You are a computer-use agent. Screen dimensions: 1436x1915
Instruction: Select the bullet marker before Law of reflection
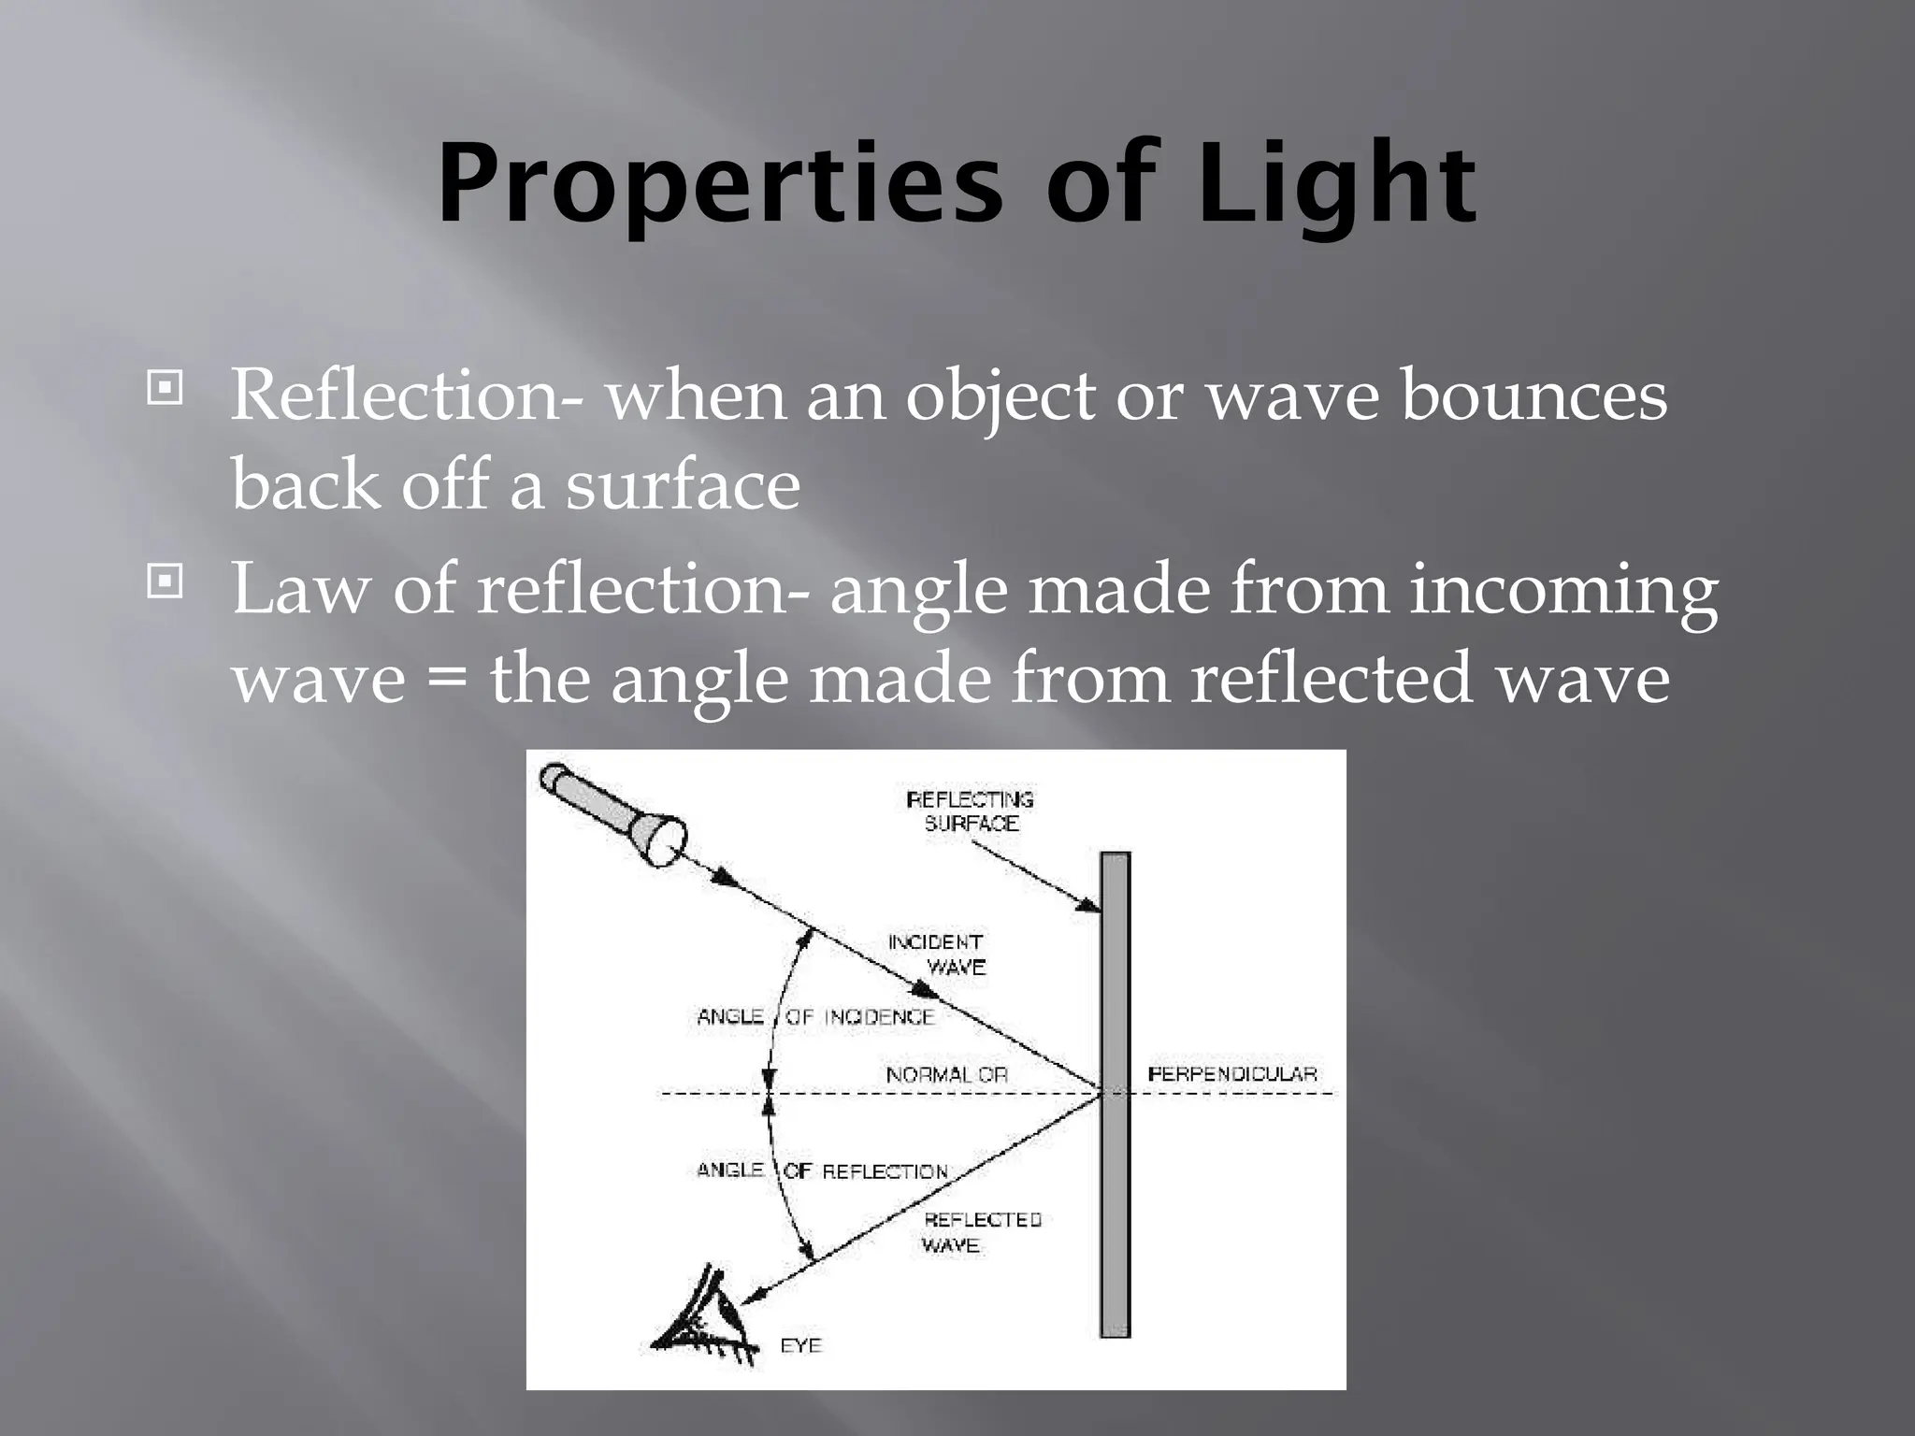click(x=165, y=582)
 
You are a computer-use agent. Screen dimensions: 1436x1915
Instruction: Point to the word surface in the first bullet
click(x=683, y=484)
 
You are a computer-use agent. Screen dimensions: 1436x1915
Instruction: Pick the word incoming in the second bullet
click(x=1563, y=591)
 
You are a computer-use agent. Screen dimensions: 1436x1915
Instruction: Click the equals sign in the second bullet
click(x=447, y=681)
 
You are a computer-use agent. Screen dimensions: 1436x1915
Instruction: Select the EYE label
click(x=800, y=1345)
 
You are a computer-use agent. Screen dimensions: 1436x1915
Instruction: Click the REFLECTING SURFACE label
click(x=971, y=811)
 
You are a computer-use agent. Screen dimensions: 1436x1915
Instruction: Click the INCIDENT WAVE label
click(x=937, y=955)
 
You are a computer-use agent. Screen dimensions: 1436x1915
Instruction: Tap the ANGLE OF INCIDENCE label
click(x=815, y=1017)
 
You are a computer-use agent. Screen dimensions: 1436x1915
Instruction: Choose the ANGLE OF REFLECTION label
click(x=822, y=1170)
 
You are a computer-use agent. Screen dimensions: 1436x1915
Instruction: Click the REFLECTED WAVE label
click(x=980, y=1232)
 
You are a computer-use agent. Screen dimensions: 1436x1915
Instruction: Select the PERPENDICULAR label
click(x=1231, y=1074)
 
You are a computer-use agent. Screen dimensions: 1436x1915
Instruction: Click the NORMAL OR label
click(x=946, y=1075)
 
